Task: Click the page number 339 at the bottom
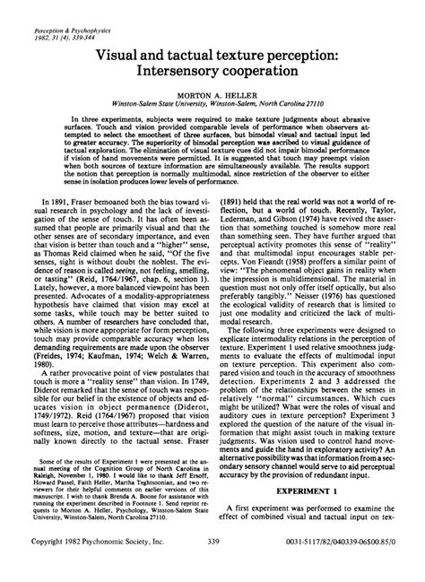coord(212,568)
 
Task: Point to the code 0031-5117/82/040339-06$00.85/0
coord(345,568)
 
